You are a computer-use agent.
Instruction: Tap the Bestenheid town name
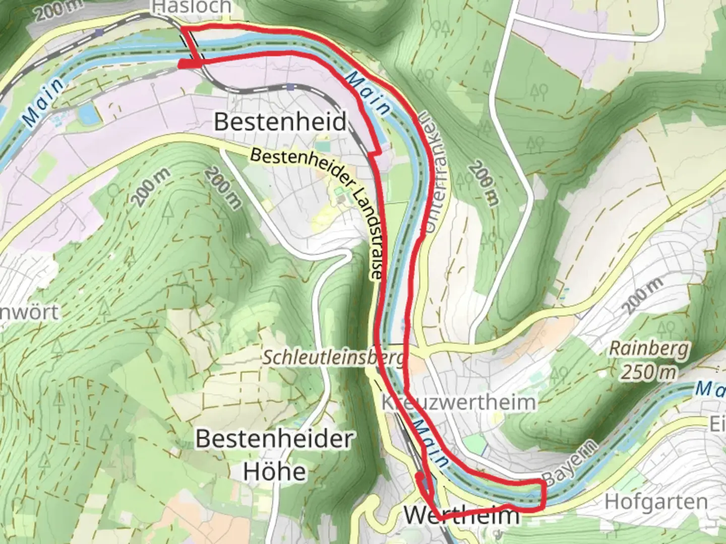coord(280,122)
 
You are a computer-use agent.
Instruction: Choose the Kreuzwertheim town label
coord(459,402)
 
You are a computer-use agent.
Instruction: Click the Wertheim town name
coord(461,515)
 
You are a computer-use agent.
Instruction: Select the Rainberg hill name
coord(648,349)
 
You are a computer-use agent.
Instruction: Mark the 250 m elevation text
coord(648,372)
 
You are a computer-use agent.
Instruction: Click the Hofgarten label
coord(656,502)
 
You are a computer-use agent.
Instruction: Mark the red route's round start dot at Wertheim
coord(418,475)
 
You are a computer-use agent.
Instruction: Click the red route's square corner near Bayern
coord(544,484)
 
